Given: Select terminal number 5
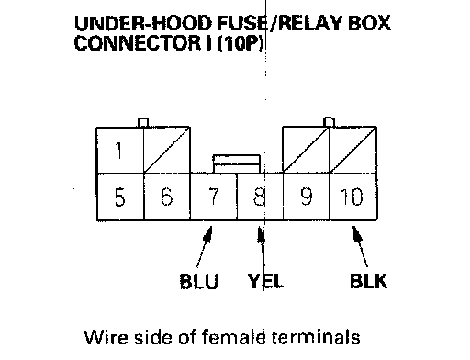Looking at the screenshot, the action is coord(119,197).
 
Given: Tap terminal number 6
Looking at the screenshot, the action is coord(166,197).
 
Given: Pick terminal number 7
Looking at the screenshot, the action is coord(213,197).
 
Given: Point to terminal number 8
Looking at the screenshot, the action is coord(260,197).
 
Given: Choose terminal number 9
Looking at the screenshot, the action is coord(307,197).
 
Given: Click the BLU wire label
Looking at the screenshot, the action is coord(199,281).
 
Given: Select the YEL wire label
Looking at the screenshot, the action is coord(265,281).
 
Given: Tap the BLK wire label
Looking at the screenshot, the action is coord(368,281).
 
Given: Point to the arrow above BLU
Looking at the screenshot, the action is coord(205,247).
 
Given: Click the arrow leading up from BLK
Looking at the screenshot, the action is coord(360,247).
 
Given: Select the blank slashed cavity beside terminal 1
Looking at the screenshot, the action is coord(167,150).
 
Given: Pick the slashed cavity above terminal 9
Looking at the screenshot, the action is coord(306,150).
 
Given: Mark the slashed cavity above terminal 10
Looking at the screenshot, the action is coord(353,150).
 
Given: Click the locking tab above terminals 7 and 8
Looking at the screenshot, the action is coord(237,164).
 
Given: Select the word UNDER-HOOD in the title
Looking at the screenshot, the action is coord(143,23).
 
